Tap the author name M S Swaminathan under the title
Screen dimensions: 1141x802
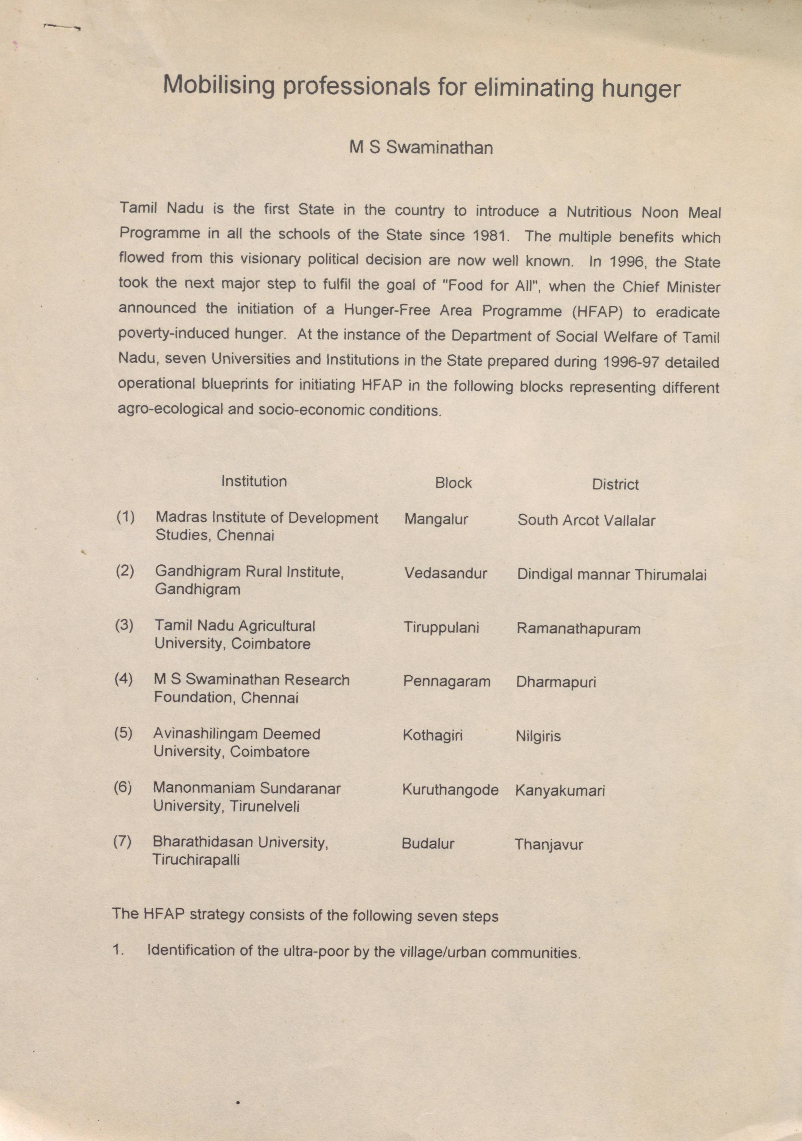point(421,148)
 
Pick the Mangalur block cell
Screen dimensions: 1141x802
point(436,519)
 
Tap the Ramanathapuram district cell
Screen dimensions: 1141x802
point(579,629)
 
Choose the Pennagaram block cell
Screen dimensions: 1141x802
point(446,681)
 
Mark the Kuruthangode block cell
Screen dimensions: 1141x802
point(450,790)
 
